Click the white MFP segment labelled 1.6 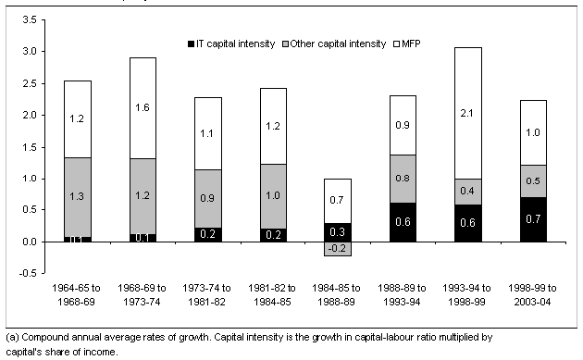[155, 107]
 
